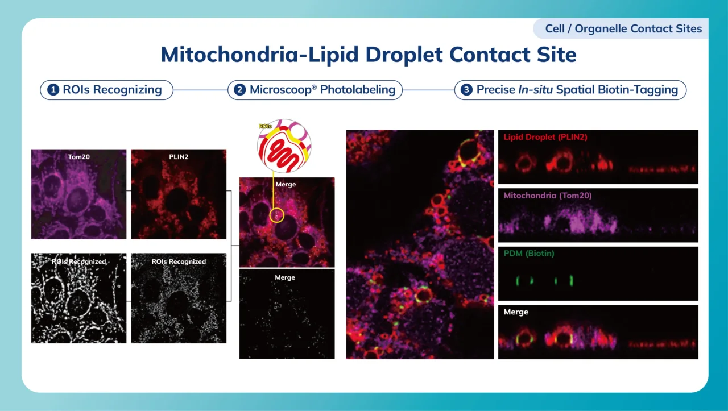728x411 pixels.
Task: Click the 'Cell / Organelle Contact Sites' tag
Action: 623,28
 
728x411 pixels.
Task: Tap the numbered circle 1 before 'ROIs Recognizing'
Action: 53,90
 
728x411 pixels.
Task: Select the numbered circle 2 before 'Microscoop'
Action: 240,90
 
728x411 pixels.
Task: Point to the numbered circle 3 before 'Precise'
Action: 466,90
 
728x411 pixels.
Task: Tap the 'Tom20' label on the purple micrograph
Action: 78,156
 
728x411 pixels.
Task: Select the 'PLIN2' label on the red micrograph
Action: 179,156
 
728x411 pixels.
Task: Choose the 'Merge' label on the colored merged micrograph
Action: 286,184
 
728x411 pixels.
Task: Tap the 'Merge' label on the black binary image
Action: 285,277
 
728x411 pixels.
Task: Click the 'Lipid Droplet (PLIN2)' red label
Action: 544,137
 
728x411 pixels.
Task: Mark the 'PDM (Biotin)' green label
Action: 529,254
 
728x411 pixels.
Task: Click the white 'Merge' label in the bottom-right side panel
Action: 516,312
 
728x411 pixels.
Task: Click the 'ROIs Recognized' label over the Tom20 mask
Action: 78,261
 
